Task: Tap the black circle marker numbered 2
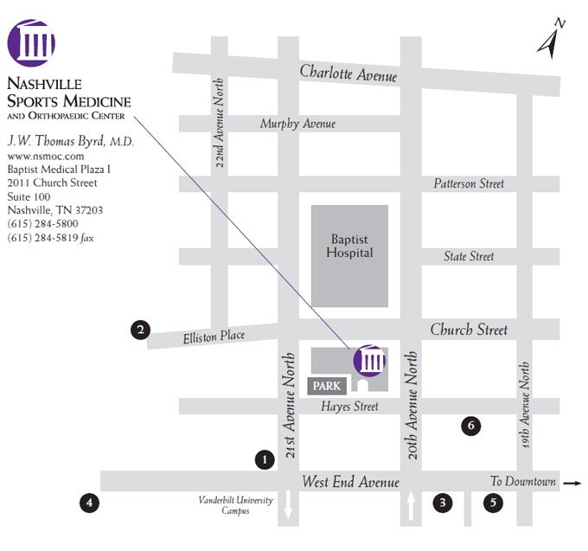(x=140, y=329)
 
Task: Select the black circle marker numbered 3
(x=443, y=503)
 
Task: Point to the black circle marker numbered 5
(x=493, y=503)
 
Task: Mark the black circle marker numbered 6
(x=470, y=426)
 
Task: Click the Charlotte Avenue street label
(x=348, y=74)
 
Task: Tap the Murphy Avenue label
(x=297, y=124)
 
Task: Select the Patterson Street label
(x=469, y=183)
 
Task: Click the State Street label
(x=469, y=256)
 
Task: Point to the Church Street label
(x=469, y=330)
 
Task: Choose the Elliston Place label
(x=214, y=336)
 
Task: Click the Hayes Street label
(x=349, y=407)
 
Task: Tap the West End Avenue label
(x=350, y=482)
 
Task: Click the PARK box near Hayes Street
(x=326, y=386)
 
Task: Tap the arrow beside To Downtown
(x=572, y=483)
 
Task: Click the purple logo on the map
(x=369, y=360)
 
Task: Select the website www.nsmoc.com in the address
(x=38, y=157)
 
